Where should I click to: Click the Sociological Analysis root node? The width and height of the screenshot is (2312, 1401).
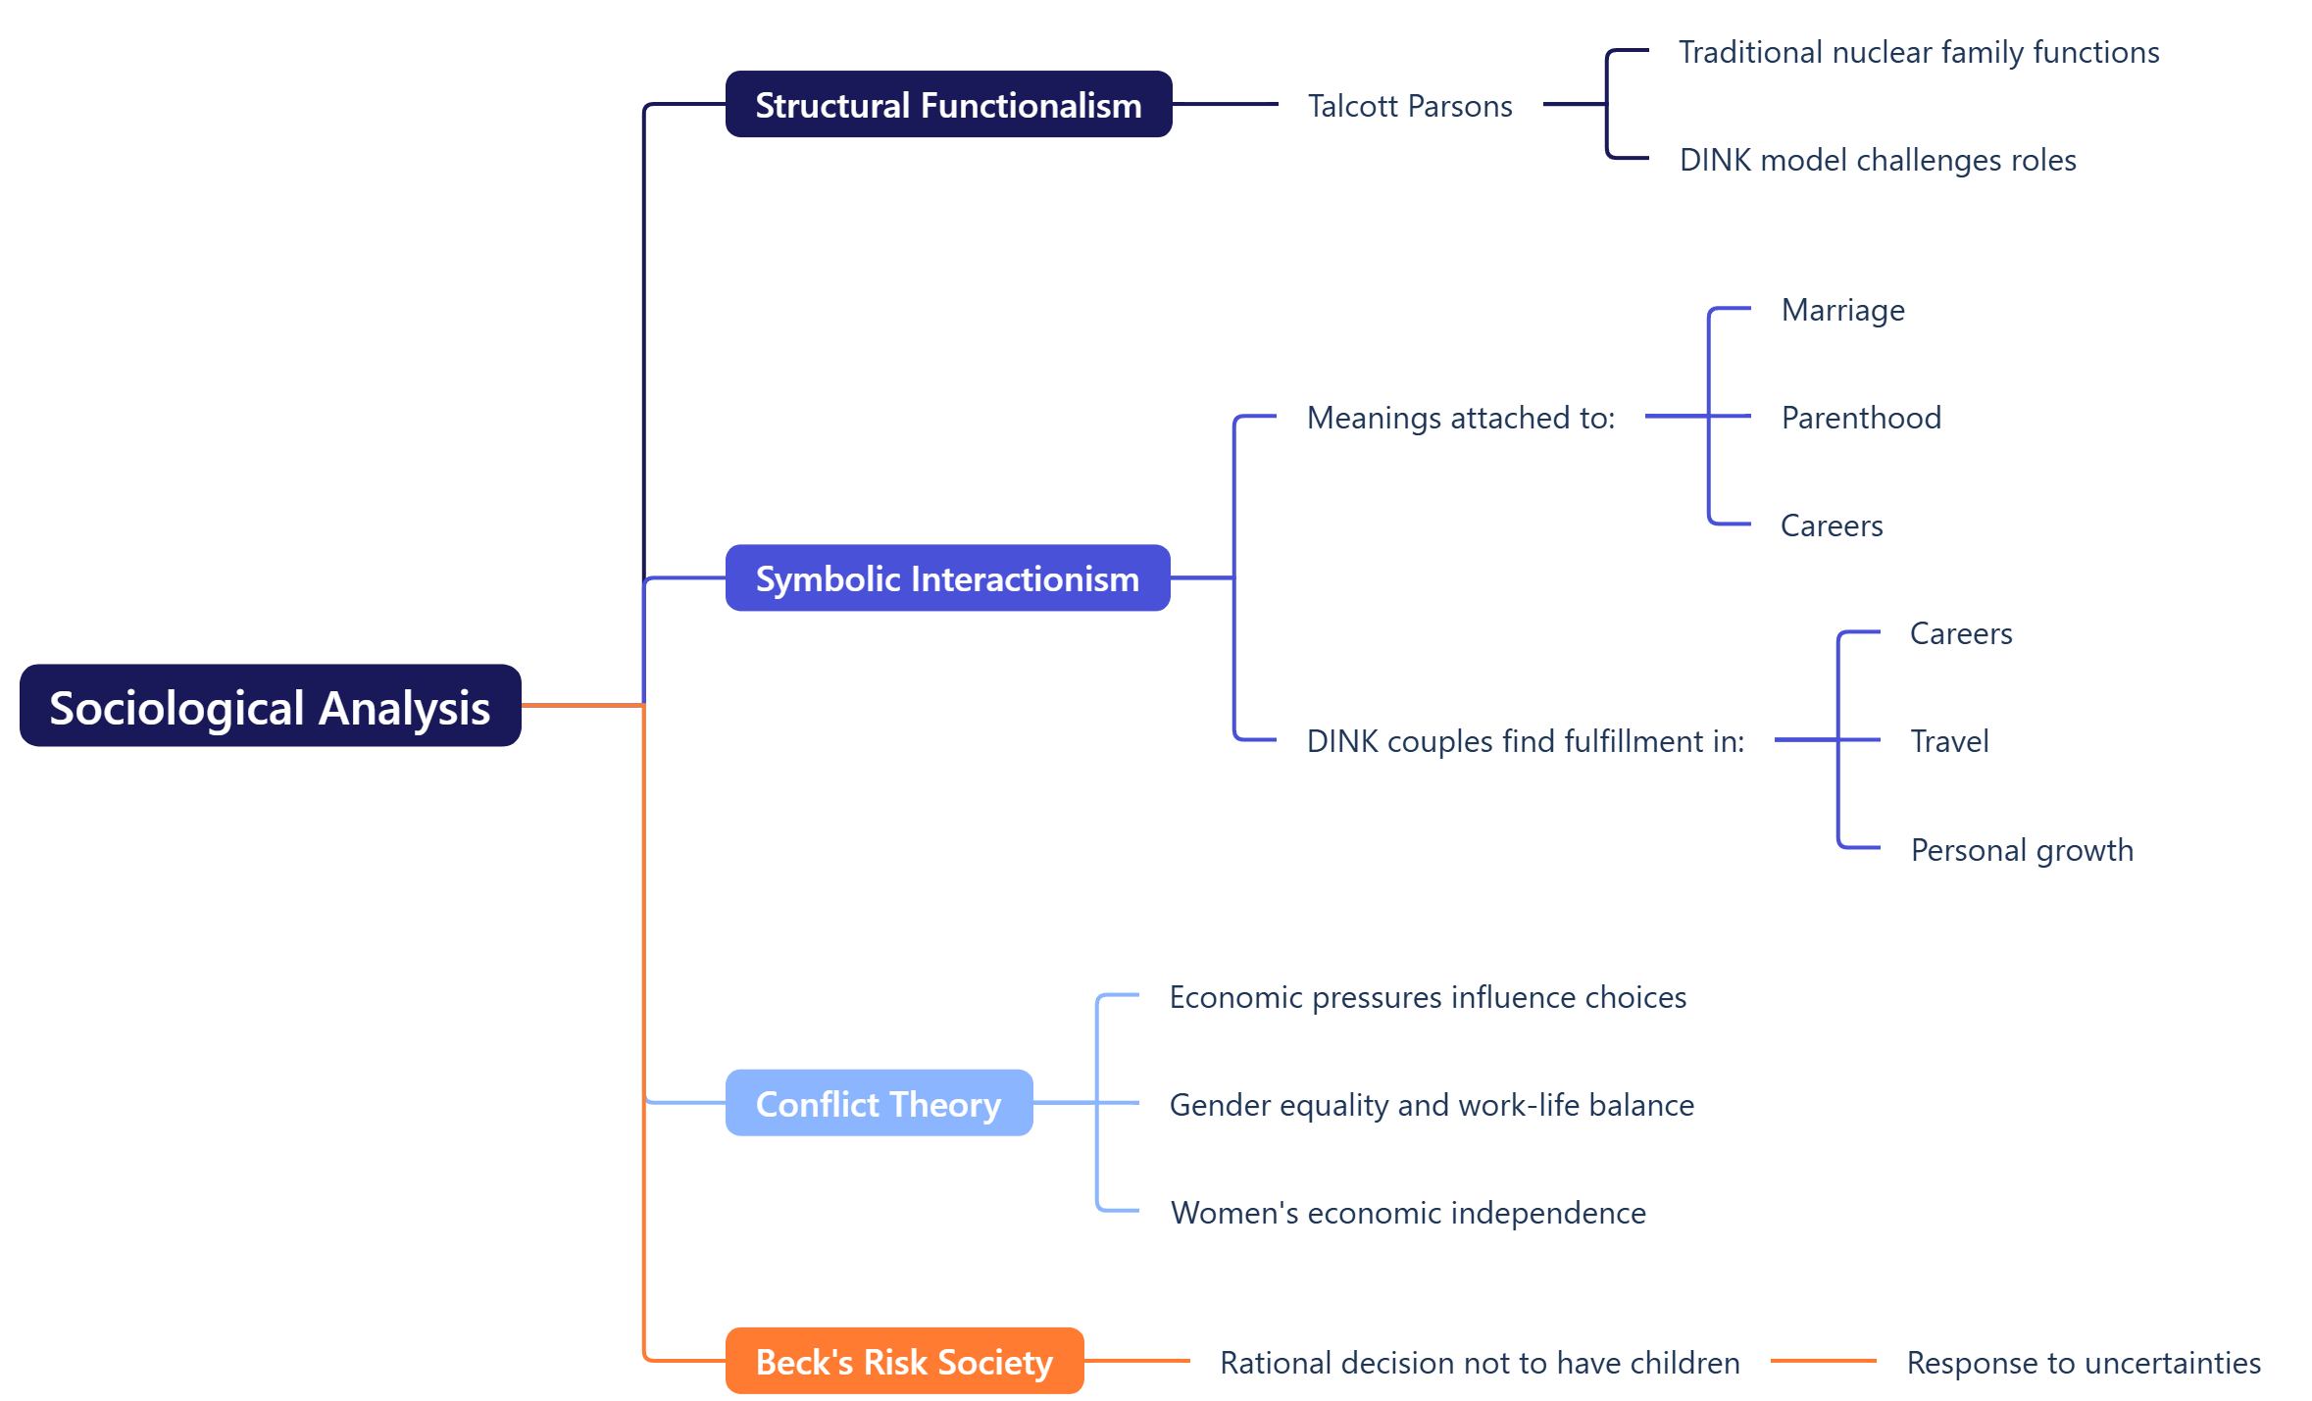(270, 706)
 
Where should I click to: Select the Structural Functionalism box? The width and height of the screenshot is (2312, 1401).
(948, 105)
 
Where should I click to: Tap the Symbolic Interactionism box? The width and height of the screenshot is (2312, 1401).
(947, 578)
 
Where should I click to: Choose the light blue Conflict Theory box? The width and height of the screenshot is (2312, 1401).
(879, 1104)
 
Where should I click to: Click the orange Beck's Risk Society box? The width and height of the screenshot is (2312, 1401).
(904, 1362)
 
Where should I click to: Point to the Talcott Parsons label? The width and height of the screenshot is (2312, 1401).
(1409, 106)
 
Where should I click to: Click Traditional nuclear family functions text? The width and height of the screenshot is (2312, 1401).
(1918, 52)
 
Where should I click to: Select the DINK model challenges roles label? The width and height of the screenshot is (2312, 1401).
(1877, 160)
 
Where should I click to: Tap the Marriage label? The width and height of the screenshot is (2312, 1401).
(1842, 310)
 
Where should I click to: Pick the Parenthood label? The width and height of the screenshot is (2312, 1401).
(1860, 418)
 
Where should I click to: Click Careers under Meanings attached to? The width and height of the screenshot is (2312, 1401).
(1831, 525)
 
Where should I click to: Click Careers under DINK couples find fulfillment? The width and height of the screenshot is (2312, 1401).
(1960, 633)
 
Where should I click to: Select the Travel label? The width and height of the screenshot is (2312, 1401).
(1948, 741)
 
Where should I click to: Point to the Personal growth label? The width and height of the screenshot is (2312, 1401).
(2021, 850)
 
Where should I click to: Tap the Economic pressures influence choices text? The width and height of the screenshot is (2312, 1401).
(1427, 997)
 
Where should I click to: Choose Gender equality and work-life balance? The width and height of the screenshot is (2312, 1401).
(1431, 1105)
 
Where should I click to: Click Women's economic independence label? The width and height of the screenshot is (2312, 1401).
(1407, 1213)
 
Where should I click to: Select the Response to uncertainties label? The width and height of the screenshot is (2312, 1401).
(2083, 1363)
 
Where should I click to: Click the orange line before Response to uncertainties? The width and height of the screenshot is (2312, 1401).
(1822, 1361)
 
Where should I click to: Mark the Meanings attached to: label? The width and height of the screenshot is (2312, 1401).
(1460, 418)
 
